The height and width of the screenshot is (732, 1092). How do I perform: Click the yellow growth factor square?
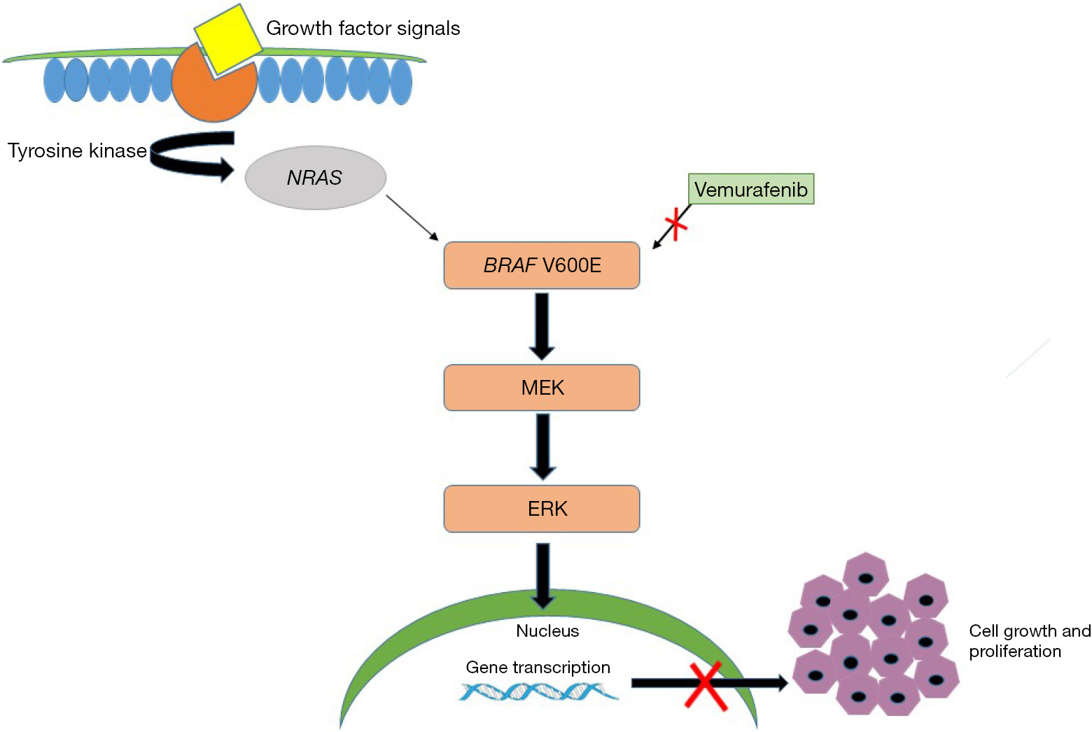(227, 38)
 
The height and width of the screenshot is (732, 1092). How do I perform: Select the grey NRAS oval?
(315, 178)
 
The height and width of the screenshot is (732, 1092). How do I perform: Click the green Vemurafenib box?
(751, 190)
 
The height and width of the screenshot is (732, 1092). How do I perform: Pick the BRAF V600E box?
(542, 265)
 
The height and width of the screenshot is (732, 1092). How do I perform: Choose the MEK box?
(542, 388)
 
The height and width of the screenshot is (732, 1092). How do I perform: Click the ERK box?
(542, 509)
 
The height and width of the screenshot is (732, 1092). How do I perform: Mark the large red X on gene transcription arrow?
(705, 686)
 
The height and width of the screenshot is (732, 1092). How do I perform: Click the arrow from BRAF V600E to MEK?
(542, 326)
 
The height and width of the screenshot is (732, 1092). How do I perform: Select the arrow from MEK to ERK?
(542, 447)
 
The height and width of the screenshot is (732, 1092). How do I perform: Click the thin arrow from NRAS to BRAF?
(412, 218)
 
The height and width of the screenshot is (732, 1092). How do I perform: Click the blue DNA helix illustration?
(539, 692)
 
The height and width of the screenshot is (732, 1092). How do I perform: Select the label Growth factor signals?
(363, 29)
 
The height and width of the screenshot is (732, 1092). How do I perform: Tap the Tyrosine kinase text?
(77, 151)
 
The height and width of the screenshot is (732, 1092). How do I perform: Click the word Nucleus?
(547, 631)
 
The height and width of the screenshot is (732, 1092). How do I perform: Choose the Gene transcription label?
(538, 668)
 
